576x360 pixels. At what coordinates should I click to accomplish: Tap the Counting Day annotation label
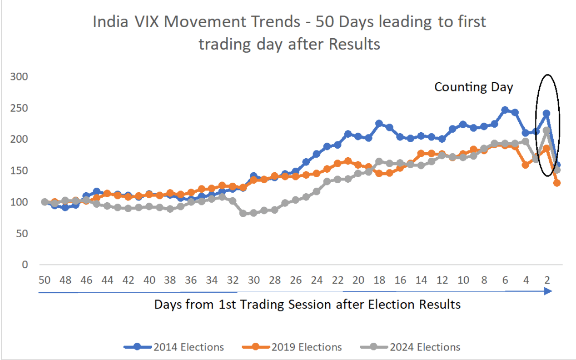pyautogui.click(x=473, y=87)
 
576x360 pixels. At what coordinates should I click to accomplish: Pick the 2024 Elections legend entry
pyautogui.click(x=411, y=347)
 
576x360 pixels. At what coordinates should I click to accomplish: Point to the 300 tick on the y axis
pyautogui.click(x=19, y=77)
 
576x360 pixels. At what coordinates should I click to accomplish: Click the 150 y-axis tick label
pyautogui.click(x=19, y=171)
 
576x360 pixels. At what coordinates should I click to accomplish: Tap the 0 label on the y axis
pyautogui.click(x=25, y=265)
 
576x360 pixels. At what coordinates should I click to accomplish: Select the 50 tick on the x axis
pyautogui.click(x=45, y=280)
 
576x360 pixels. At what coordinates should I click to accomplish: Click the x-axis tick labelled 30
pyautogui.click(x=254, y=280)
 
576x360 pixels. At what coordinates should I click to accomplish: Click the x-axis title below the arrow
pyautogui.click(x=307, y=304)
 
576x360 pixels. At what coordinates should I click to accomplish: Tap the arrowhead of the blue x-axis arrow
pyautogui.click(x=548, y=291)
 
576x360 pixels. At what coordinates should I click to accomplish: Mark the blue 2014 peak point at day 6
pyautogui.click(x=505, y=110)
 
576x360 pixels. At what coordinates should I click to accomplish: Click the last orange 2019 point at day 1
pyautogui.click(x=557, y=183)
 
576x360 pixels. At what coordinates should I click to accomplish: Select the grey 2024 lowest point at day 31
pyautogui.click(x=243, y=213)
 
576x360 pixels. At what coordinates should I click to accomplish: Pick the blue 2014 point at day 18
pyautogui.click(x=379, y=124)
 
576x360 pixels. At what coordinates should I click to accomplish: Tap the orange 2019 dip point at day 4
pyautogui.click(x=526, y=165)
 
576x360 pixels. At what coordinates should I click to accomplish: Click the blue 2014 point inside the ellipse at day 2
pyautogui.click(x=546, y=113)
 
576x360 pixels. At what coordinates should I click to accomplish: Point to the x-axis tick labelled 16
pyautogui.click(x=400, y=280)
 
